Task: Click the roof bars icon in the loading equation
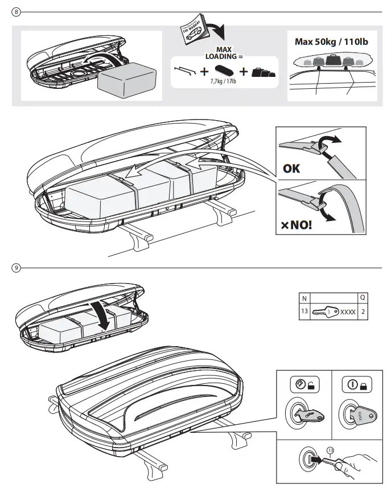pos(186,71)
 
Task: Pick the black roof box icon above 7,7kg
pos(224,71)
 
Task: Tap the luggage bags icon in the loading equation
pos(264,72)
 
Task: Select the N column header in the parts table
pos(304,298)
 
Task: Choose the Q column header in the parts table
pos(363,298)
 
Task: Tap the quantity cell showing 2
pos(363,311)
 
